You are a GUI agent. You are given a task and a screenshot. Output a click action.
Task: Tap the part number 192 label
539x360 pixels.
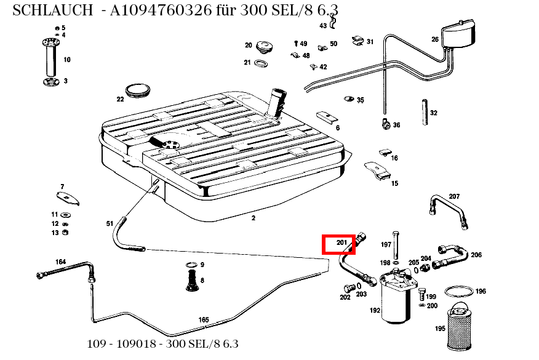point(375,311)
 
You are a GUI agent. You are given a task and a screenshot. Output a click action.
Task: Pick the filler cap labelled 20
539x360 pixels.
point(265,46)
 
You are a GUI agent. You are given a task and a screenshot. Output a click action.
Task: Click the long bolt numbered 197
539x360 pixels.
point(396,246)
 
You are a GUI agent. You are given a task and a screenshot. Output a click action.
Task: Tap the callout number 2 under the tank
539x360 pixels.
point(253,218)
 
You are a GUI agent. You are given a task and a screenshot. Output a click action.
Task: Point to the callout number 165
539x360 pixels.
point(204,319)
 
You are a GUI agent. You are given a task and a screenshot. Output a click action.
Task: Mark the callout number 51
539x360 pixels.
point(110,223)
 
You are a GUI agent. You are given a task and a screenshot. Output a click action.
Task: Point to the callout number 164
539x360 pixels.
point(60,262)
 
